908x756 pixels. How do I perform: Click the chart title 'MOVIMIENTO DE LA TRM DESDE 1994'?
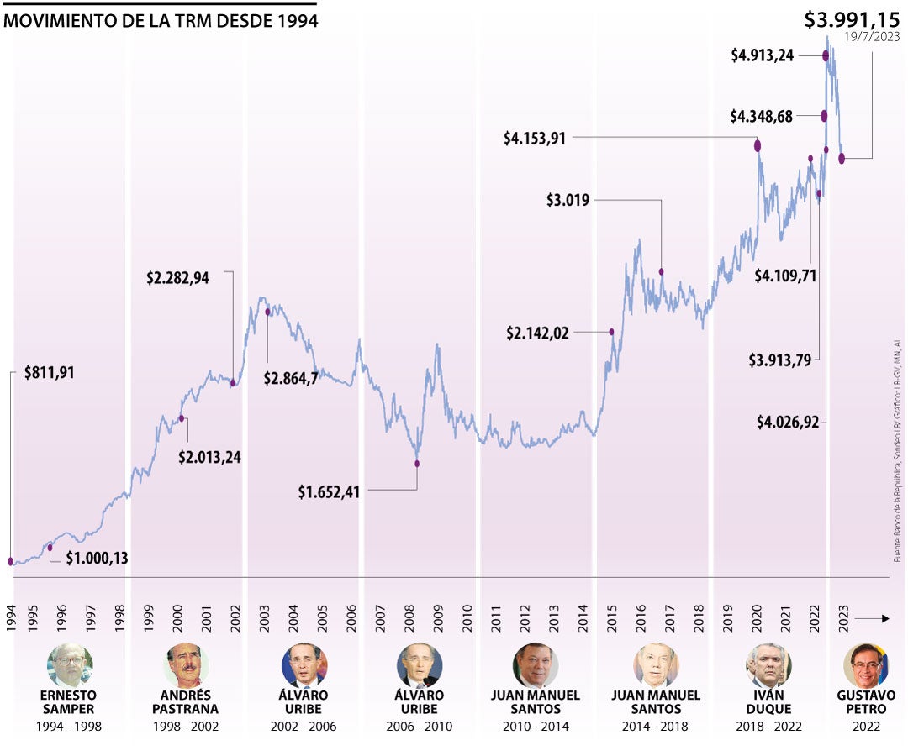point(161,21)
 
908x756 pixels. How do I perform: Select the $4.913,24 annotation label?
point(762,56)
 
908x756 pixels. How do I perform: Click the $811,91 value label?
point(50,372)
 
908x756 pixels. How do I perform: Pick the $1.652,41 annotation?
point(329,492)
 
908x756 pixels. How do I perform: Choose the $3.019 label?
point(567,200)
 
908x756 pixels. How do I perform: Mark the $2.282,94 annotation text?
point(177,278)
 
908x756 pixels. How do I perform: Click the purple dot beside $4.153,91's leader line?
point(758,146)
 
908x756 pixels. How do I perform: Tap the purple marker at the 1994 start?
point(11,561)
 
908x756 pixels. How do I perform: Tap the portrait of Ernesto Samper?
point(69,666)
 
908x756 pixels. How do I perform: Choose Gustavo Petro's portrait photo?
point(866,666)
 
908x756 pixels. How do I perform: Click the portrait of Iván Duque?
point(768,666)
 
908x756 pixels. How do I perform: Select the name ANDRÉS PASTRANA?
point(186,702)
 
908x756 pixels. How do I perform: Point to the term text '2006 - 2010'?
point(420,727)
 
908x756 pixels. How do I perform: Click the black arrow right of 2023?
point(874,619)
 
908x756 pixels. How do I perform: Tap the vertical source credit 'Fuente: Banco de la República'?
point(897,437)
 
